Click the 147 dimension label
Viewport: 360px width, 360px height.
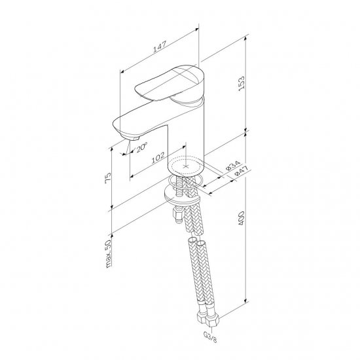[160, 46]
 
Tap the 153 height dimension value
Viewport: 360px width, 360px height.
[242, 84]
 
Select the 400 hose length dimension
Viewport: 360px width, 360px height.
[242, 218]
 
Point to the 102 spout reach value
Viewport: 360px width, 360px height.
[158, 158]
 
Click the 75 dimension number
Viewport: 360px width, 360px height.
[108, 177]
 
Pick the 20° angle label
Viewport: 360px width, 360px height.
[141, 147]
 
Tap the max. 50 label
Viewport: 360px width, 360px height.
[108, 253]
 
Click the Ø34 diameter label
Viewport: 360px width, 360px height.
[232, 165]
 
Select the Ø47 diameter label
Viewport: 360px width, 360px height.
[242, 171]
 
